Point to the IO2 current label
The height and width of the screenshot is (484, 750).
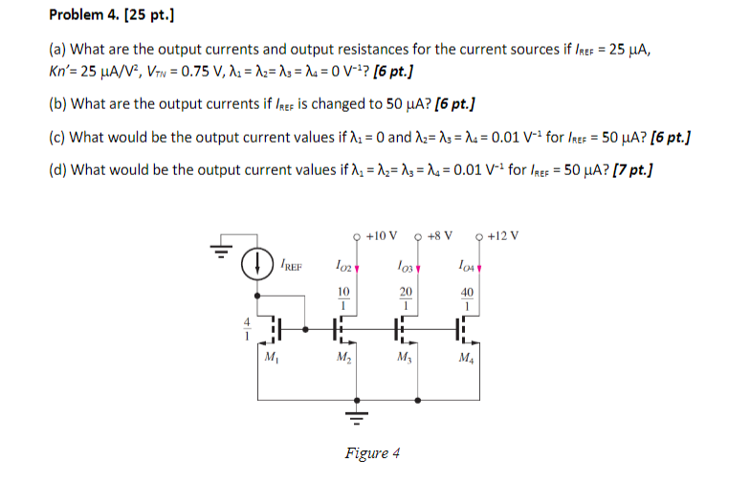point(345,265)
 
